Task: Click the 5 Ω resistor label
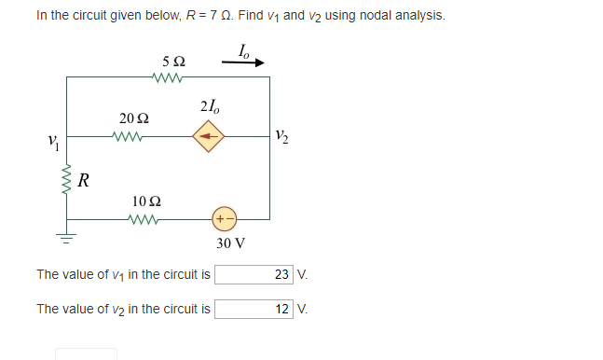coord(172,62)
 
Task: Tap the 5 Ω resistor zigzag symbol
coord(172,77)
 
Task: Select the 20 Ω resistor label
coord(133,118)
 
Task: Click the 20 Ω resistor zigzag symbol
coord(124,136)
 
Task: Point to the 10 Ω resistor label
coord(147,201)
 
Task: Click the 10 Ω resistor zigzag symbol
coord(147,219)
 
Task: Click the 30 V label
coord(230,243)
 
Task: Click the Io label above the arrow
coord(244,48)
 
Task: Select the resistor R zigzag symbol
coord(66,176)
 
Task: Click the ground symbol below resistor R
coord(66,237)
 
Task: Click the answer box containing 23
coord(254,274)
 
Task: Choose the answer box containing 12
coord(254,309)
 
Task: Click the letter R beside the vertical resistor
coord(84,178)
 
